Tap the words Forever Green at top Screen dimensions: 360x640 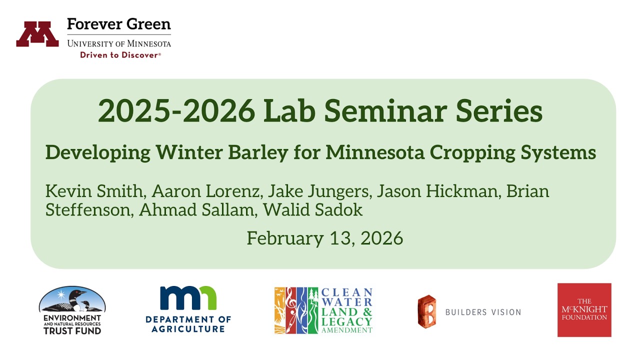(x=118, y=24)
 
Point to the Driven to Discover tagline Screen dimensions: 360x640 (x=120, y=55)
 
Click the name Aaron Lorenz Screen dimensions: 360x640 (x=206, y=191)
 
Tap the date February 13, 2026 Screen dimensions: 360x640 (x=324, y=238)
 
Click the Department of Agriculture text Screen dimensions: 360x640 (x=188, y=323)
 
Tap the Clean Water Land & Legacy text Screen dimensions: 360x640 (x=346, y=310)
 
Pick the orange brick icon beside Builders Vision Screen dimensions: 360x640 (x=426, y=311)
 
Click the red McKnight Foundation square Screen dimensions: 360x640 (x=584, y=310)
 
